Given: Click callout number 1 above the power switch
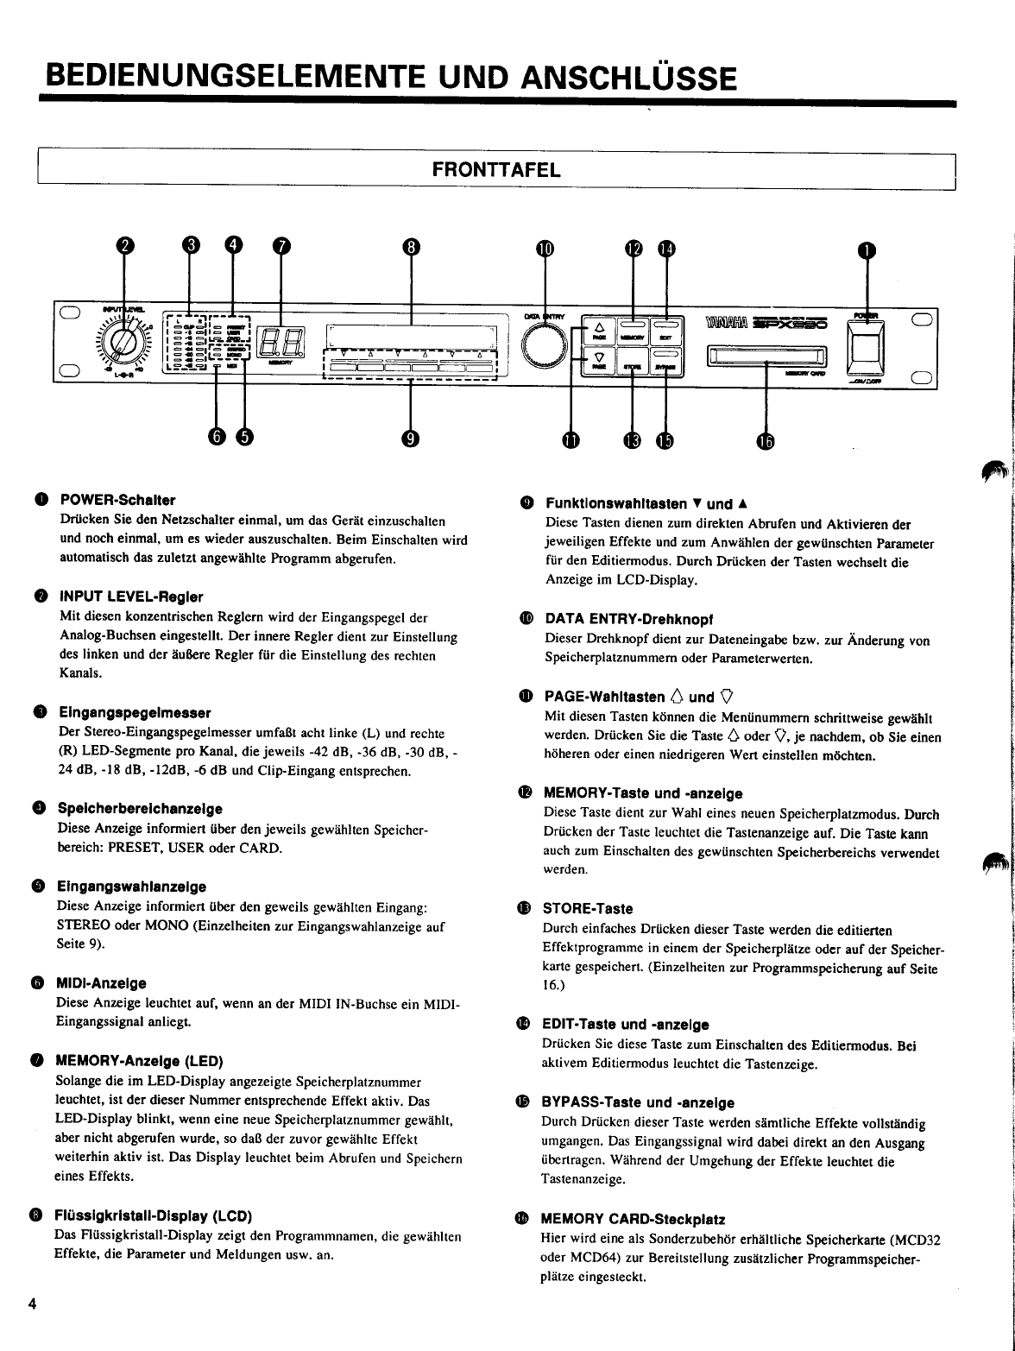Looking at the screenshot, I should coord(866,249).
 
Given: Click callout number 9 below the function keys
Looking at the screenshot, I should coord(410,439).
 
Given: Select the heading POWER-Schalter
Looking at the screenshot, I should coord(117,500).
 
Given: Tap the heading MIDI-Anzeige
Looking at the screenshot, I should coord(101,983).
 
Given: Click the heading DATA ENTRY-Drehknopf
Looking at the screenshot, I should coord(628,619).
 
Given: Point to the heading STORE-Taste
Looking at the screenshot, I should coord(588,908).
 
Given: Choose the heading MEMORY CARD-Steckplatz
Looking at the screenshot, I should coord(633,1219).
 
